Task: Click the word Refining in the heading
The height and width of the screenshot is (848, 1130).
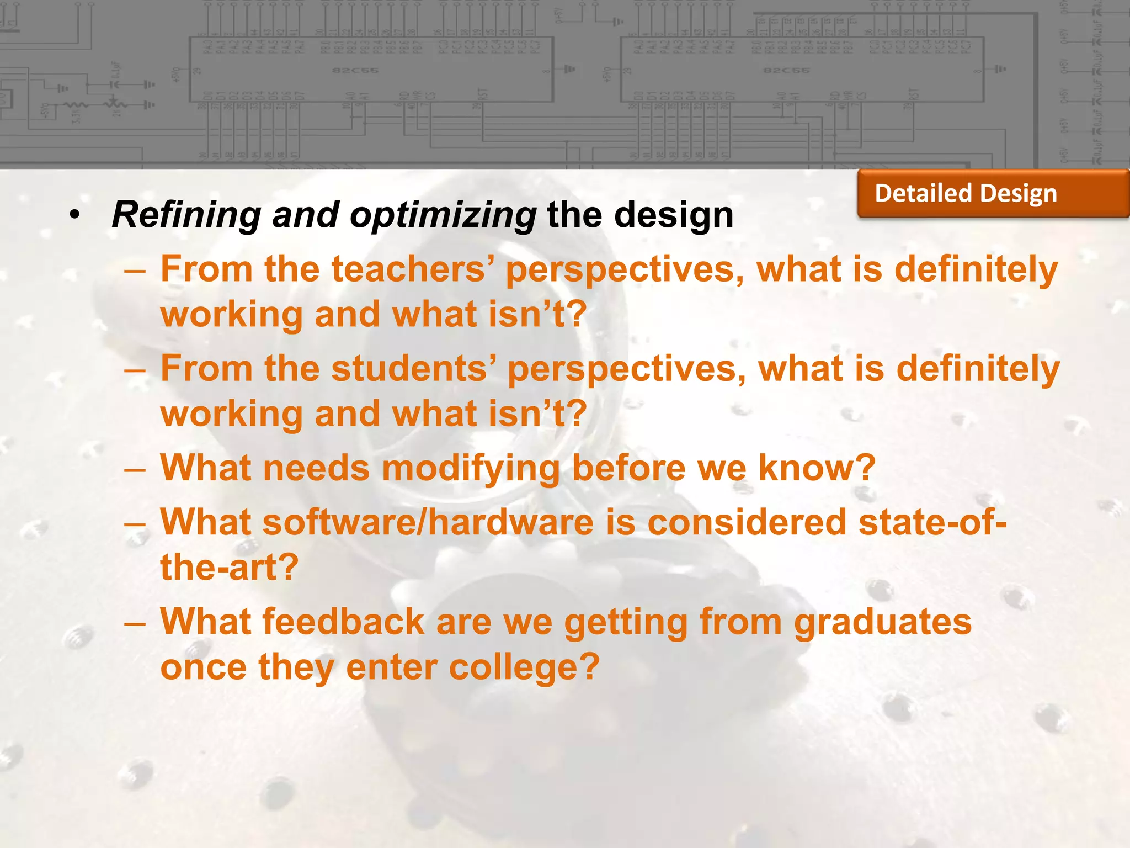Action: [x=186, y=215]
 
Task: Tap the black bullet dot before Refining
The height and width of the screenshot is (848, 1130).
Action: [x=75, y=215]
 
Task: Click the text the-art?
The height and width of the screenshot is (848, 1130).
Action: [x=229, y=568]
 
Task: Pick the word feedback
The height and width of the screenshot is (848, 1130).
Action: [x=343, y=622]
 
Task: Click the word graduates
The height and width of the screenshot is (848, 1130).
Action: [x=882, y=622]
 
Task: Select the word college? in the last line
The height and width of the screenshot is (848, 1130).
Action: [x=524, y=667]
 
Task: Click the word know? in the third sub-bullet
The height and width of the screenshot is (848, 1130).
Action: [x=817, y=469]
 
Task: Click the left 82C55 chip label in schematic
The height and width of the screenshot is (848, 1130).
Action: [x=347, y=71]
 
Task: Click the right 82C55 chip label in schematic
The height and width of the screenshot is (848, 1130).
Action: [x=779, y=71]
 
